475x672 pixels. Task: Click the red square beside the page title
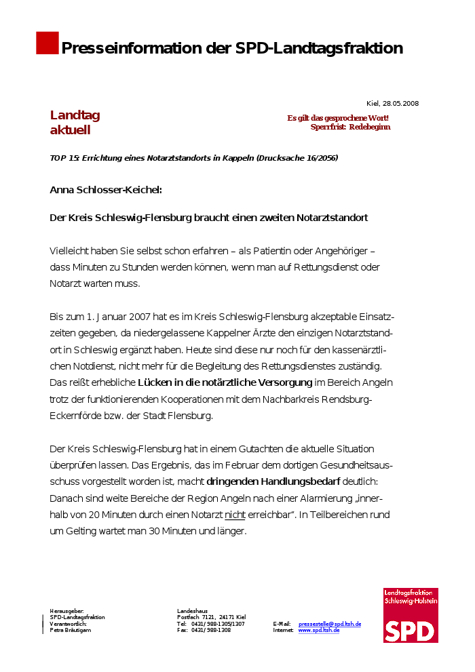47,43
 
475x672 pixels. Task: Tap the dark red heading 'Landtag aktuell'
75,123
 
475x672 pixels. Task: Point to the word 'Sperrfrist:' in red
328,127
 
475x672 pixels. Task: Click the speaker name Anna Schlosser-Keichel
106,190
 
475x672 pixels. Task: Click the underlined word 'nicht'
235,515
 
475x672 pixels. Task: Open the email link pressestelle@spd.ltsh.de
330,624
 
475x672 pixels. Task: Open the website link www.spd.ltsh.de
319,631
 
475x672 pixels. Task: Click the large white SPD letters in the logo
409,630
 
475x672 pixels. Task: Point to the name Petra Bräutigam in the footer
71,631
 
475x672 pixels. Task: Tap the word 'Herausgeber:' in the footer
66,611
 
